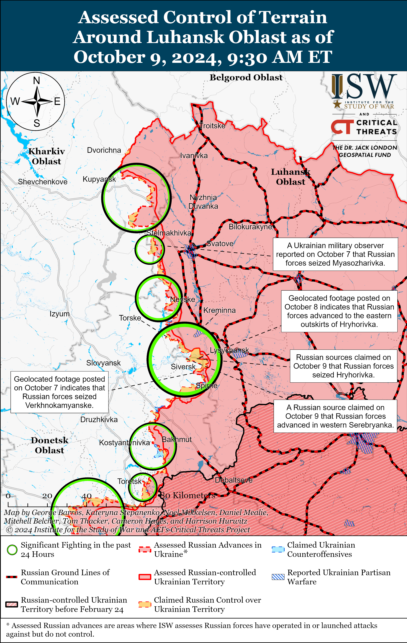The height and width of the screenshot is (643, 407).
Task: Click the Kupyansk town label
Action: pyautogui.click(x=99, y=179)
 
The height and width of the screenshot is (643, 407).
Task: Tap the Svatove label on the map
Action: pyautogui.click(x=220, y=244)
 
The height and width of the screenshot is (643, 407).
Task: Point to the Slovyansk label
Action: pyautogui.click(x=103, y=363)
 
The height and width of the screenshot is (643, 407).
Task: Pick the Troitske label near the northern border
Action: pyautogui.click(x=212, y=126)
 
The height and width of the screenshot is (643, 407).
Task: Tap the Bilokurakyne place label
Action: pyautogui.click(x=250, y=227)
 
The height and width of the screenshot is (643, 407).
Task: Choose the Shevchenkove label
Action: pyautogui.click(x=43, y=182)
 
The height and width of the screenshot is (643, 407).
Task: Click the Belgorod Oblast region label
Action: pyautogui.click(x=246, y=78)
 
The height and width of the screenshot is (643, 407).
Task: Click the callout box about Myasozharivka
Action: pyautogui.click(x=335, y=254)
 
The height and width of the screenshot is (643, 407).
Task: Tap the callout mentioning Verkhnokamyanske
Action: pyautogui.click(x=59, y=392)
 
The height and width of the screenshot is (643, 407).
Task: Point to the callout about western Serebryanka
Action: pyautogui.click(x=335, y=416)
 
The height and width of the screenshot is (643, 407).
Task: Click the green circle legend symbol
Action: pyautogui.click(x=12, y=550)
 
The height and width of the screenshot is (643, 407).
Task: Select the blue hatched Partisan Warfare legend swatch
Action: pyautogui.click(x=278, y=577)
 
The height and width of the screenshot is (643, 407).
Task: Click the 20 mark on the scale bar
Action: pyautogui.click(x=47, y=496)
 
